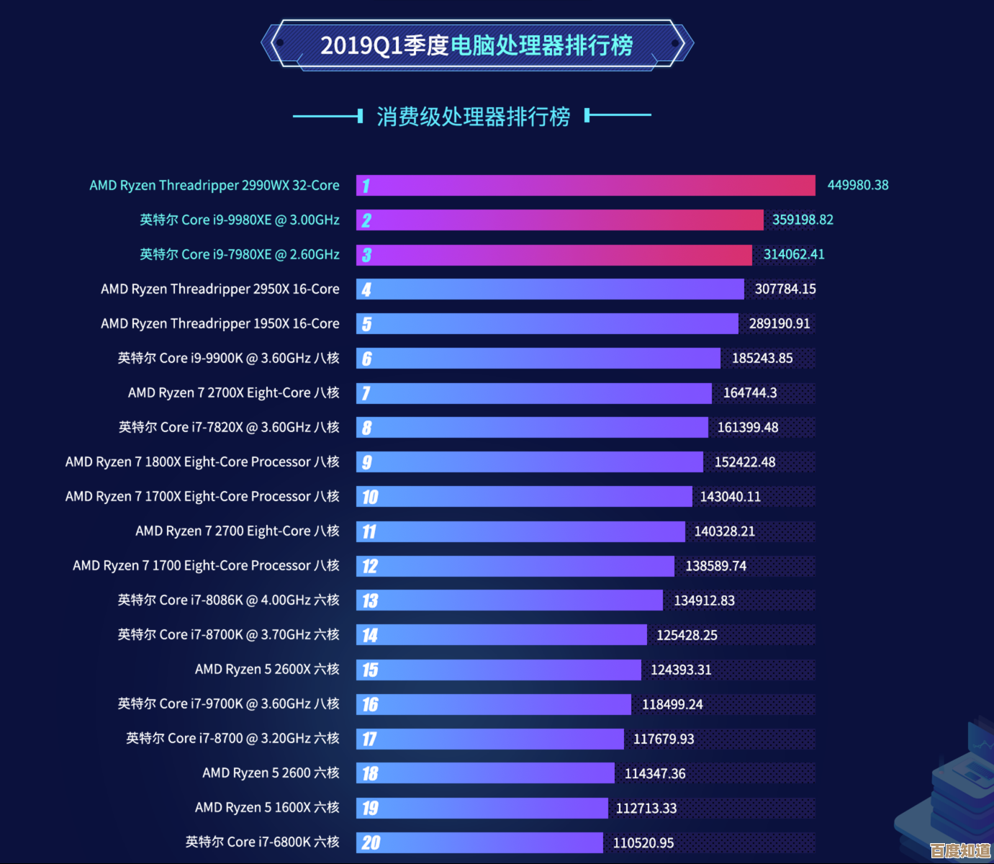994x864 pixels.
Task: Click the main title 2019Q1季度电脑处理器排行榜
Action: tap(476, 45)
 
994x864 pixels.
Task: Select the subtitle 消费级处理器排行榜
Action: tap(473, 116)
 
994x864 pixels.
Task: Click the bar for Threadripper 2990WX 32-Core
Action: tap(585, 186)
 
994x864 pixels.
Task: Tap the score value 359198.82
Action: tap(803, 220)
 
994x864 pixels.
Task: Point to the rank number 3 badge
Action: tap(367, 255)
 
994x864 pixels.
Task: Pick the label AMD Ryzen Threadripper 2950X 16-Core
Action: tap(220, 289)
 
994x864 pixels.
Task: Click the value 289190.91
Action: tap(779, 324)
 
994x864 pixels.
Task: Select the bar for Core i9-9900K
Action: tap(538, 359)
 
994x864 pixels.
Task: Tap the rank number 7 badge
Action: tap(366, 393)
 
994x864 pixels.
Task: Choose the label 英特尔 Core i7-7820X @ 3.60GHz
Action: tap(228, 428)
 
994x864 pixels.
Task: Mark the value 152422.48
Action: tap(744, 462)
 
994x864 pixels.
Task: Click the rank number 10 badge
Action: tap(370, 497)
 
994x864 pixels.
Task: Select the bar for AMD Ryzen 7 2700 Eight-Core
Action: tap(520, 531)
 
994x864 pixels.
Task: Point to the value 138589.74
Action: tap(715, 566)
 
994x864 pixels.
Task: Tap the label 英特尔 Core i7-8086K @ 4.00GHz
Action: tap(228, 600)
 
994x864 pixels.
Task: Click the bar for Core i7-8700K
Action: tap(502, 635)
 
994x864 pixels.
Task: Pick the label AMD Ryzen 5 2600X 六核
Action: tap(267, 670)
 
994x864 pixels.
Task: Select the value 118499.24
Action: tap(672, 704)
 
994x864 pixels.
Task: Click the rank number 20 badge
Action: tap(371, 842)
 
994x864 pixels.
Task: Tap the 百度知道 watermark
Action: tap(959, 850)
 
